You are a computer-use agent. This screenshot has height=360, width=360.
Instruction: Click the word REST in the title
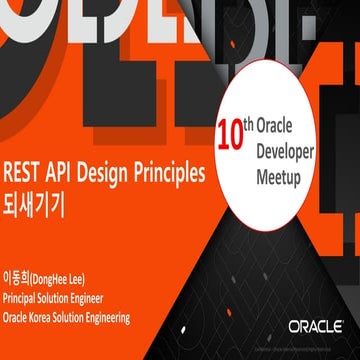coord(24,171)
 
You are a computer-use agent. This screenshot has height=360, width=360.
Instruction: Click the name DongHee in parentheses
coord(50,277)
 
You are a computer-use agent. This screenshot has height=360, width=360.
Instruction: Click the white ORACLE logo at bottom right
coord(316,327)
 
